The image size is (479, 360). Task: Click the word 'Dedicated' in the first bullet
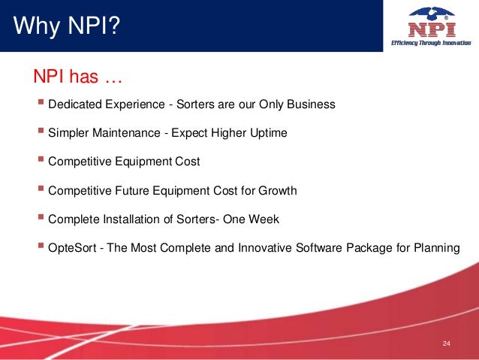(x=74, y=104)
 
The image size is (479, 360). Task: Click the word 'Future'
(x=133, y=191)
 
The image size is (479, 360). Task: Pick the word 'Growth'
(x=279, y=191)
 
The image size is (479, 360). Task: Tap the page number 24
(x=446, y=344)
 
